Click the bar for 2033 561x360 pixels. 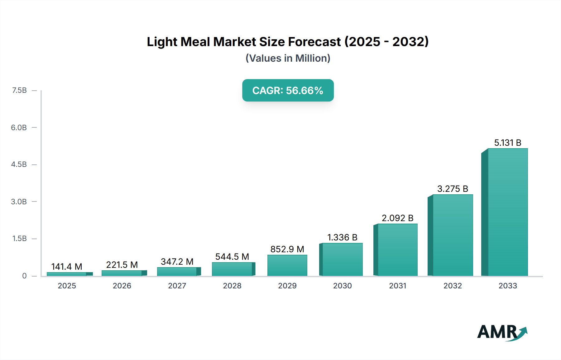pos(507,212)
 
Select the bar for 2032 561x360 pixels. pos(453,235)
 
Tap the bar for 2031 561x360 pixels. pos(397,250)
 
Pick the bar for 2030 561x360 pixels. pos(342,259)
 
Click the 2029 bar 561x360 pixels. pos(287,265)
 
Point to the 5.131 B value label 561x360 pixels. pos(508,143)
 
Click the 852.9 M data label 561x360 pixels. pos(287,249)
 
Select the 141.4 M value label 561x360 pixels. pos(67,267)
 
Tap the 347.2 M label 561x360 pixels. pos(177,262)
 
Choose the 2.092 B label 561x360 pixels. pos(397,218)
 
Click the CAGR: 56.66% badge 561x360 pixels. pos(288,90)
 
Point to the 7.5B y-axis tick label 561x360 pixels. pos(19,90)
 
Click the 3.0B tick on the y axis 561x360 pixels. pos(19,201)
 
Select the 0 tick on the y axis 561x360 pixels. pos(24,276)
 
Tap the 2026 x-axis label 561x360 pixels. pos(122,286)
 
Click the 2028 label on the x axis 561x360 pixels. pos(232,286)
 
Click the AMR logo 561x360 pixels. pos(502,332)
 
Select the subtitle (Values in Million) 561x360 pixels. pos(288,58)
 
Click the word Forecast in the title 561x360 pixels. pos(314,42)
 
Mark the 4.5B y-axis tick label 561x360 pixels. pos(19,164)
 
